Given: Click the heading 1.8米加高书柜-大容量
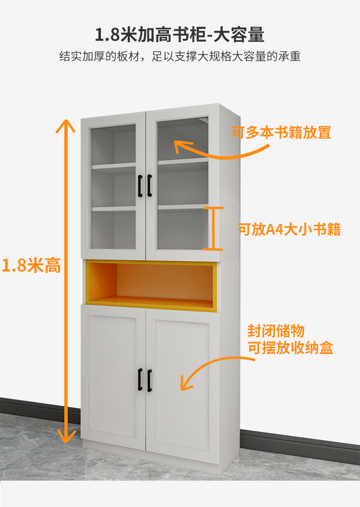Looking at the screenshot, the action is click(180, 35).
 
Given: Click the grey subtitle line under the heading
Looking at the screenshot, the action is click(180, 57).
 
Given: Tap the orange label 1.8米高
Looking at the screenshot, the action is click(32, 265).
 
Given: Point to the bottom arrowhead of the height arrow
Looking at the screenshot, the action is click(66, 436).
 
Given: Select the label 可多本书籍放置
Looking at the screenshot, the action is click(281, 133).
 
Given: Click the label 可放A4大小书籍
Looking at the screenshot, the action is click(289, 229).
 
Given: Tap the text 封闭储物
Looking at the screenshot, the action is click(276, 331).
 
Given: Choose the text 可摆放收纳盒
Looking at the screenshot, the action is click(290, 348).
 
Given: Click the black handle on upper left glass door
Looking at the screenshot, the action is click(140, 186).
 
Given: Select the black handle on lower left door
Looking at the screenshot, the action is click(140, 379).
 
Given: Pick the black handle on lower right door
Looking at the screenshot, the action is click(149, 379).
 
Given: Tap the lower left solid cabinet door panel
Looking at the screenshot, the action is click(113, 374).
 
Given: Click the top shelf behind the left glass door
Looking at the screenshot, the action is click(114, 166).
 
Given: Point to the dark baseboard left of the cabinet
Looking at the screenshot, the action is click(38, 408).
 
